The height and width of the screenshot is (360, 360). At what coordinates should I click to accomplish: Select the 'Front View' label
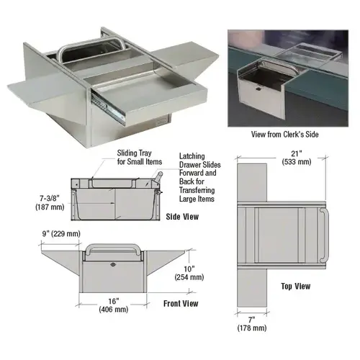(x=180, y=303)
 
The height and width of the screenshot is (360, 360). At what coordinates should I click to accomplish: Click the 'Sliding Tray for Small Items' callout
(x=140, y=158)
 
